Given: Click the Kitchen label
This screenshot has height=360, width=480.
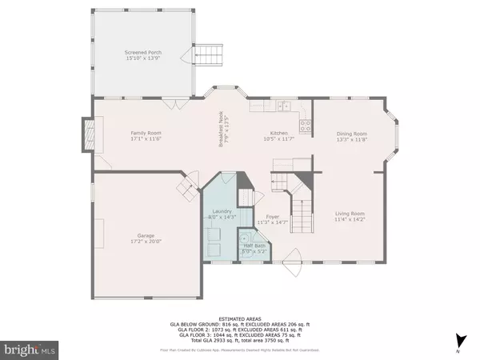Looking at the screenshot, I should click(x=278, y=134).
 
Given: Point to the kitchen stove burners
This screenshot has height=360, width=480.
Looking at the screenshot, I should click(x=304, y=124).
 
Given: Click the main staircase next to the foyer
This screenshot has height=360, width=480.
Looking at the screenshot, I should click(x=300, y=205).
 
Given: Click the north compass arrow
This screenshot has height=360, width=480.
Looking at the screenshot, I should click(x=457, y=340).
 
